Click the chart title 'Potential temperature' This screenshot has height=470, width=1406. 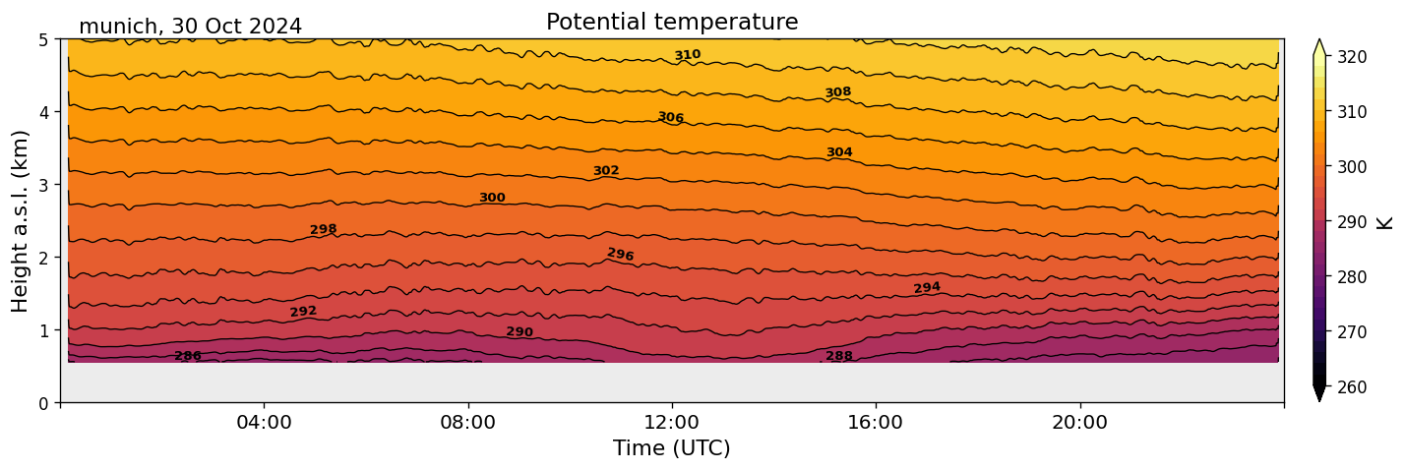pyautogui.click(x=672, y=22)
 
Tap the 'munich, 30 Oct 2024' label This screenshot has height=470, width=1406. pyautogui.click(x=190, y=27)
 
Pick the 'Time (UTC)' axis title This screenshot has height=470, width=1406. pyautogui.click(x=672, y=448)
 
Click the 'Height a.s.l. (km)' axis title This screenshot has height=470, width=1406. pyautogui.click(x=21, y=220)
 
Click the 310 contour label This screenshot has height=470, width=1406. pyautogui.click(x=688, y=55)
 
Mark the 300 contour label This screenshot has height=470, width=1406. pyautogui.click(x=492, y=198)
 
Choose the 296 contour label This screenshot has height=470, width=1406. pyautogui.click(x=621, y=255)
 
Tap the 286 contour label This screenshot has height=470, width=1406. pyautogui.click(x=188, y=356)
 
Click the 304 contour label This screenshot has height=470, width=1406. pyautogui.click(x=839, y=152)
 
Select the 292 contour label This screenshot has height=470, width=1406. pyautogui.click(x=303, y=312)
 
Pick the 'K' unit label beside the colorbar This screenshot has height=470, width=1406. pyautogui.click(x=1386, y=222)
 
